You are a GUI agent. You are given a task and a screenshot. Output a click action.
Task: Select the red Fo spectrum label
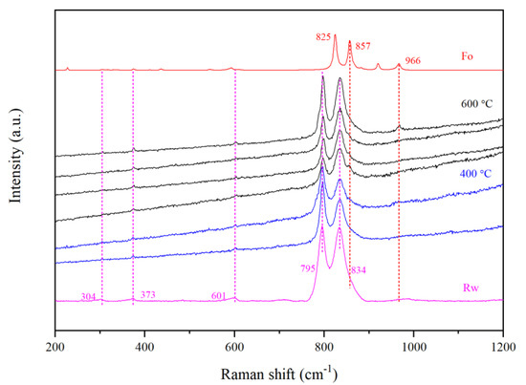tap(467, 56)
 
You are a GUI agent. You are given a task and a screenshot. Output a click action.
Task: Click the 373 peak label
tap(148, 294)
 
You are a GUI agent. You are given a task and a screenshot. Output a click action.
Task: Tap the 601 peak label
tap(219, 296)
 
